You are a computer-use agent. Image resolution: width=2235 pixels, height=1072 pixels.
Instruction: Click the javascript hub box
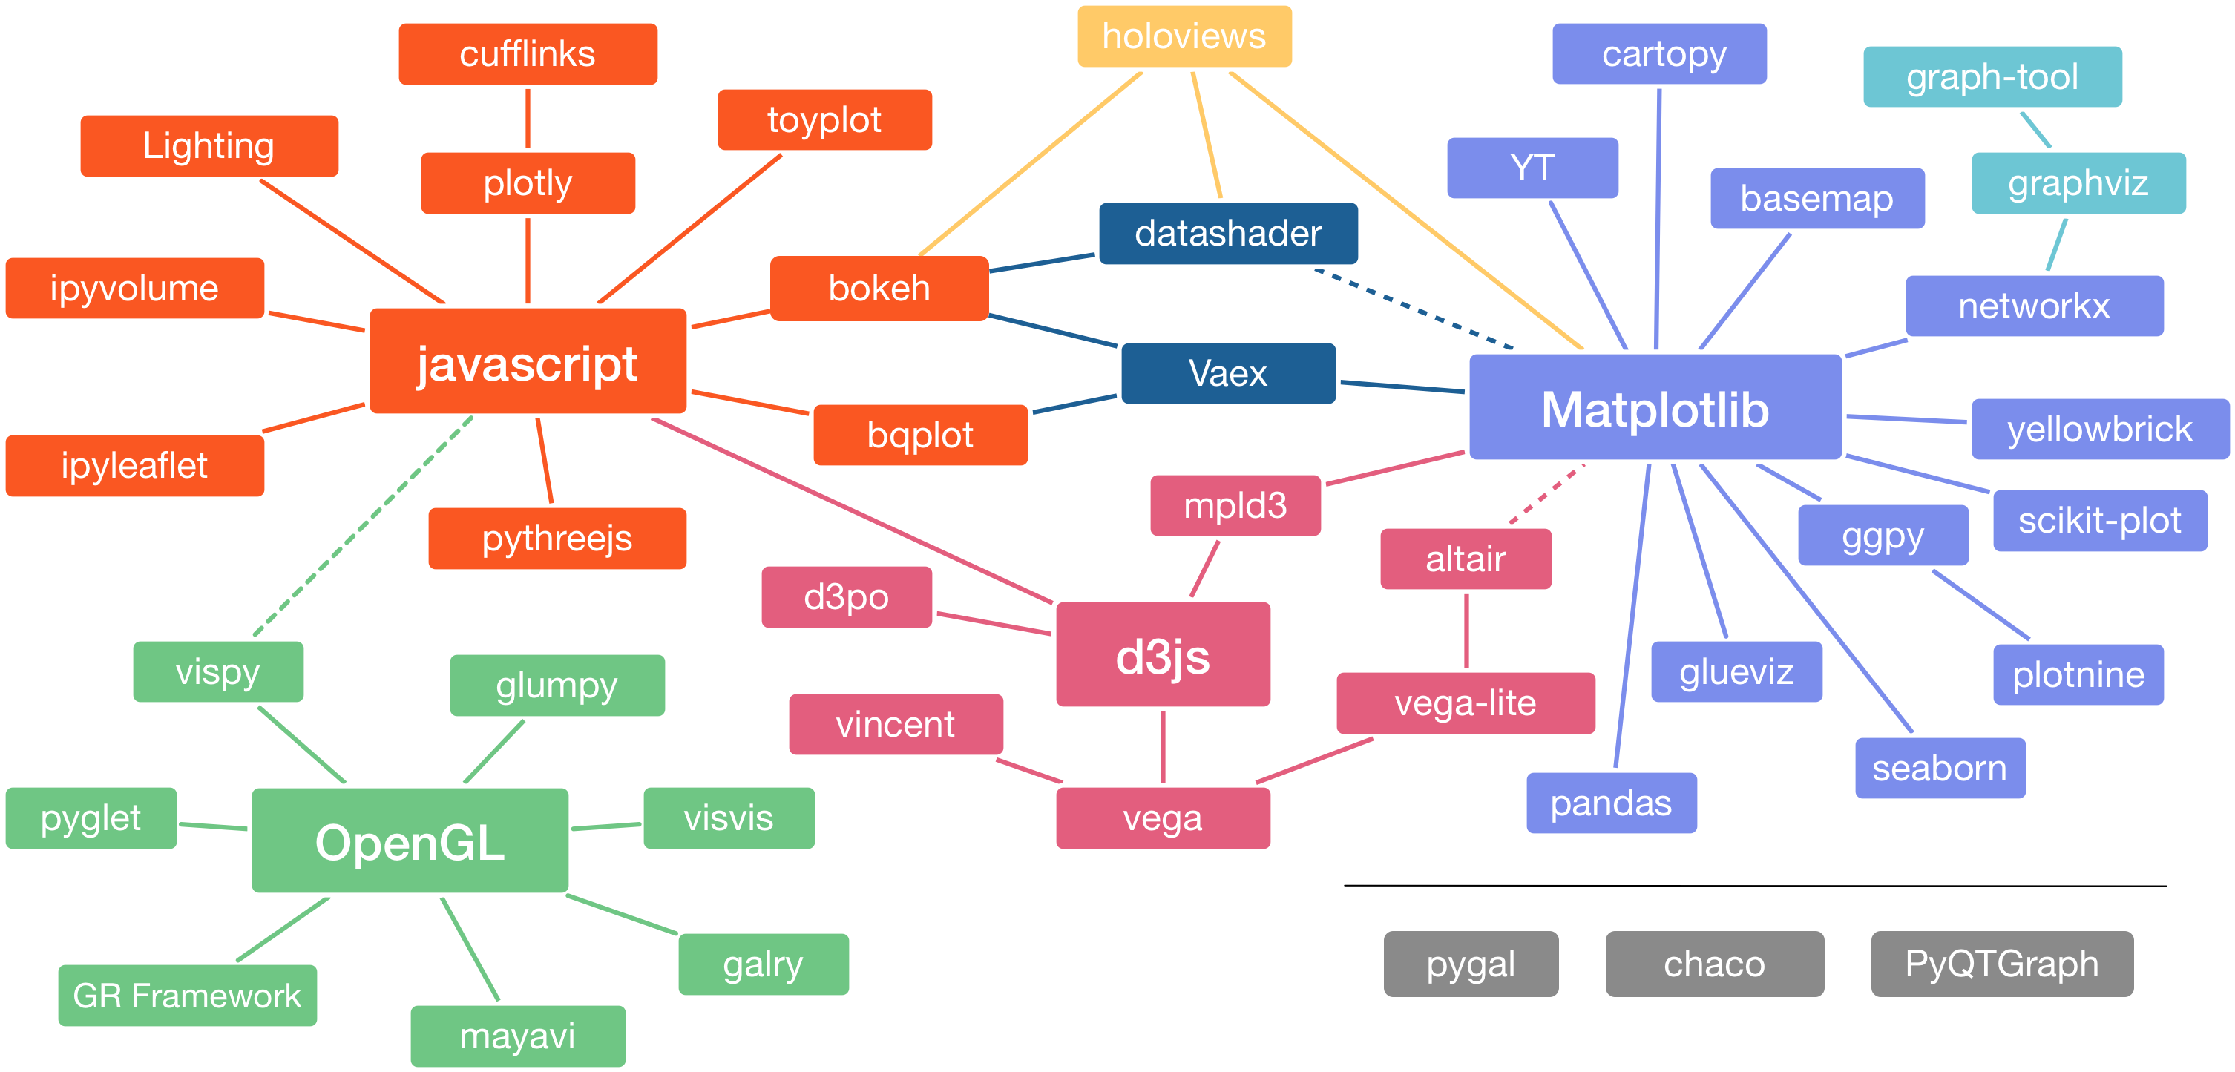pyautogui.click(x=528, y=361)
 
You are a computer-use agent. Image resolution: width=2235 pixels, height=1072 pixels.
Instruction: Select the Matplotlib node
pyautogui.click(x=1655, y=407)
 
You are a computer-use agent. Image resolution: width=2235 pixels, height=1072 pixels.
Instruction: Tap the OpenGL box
pyautogui.click(x=410, y=841)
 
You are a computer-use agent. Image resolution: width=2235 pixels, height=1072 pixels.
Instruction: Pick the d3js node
pyautogui.click(x=1163, y=655)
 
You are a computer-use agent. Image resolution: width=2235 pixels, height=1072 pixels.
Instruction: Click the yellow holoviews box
pyautogui.click(x=1184, y=36)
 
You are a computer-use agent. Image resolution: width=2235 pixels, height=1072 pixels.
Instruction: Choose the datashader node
pyautogui.click(x=1227, y=233)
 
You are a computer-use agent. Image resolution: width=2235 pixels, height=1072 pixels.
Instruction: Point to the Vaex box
pyautogui.click(x=1227, y=374)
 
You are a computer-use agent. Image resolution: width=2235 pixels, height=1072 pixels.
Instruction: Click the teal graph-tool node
pyautogui.click(x=1993, y=77)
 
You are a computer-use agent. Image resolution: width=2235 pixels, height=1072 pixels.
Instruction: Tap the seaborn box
pyautogui.click(x=1940, y=769)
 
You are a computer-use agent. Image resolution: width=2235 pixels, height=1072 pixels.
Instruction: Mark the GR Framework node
pyautogui.click(x=188, y=996)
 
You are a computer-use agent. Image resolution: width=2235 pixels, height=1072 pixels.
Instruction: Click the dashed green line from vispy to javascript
pyautogui.click(x=364, y=527)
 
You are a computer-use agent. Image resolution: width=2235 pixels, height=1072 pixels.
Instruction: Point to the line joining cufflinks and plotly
pyautogui.click(x=528, y=119)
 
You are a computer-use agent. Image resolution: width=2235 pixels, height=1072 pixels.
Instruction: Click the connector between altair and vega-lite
pyautogui.click(x=1466, y=631)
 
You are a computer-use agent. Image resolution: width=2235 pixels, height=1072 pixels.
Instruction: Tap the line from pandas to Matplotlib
pyautogui.click(x=1632, y=616)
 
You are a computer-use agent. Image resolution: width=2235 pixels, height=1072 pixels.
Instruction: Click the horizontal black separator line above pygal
pyautogui.click(x=1755, y=886)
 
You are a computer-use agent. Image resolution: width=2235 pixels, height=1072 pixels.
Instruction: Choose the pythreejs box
pyautogui.click(x=557, y=539)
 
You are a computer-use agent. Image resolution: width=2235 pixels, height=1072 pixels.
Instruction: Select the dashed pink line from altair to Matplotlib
pyautogui.click(x=1547, y=493)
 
